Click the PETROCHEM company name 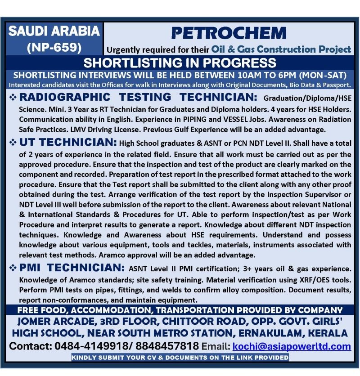point(228,33)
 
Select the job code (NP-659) point(54,47)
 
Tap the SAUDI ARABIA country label point(54,31)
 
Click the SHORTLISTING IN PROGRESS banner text point(180,62)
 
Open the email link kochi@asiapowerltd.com point(292,346)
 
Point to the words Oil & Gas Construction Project point(281,49)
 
